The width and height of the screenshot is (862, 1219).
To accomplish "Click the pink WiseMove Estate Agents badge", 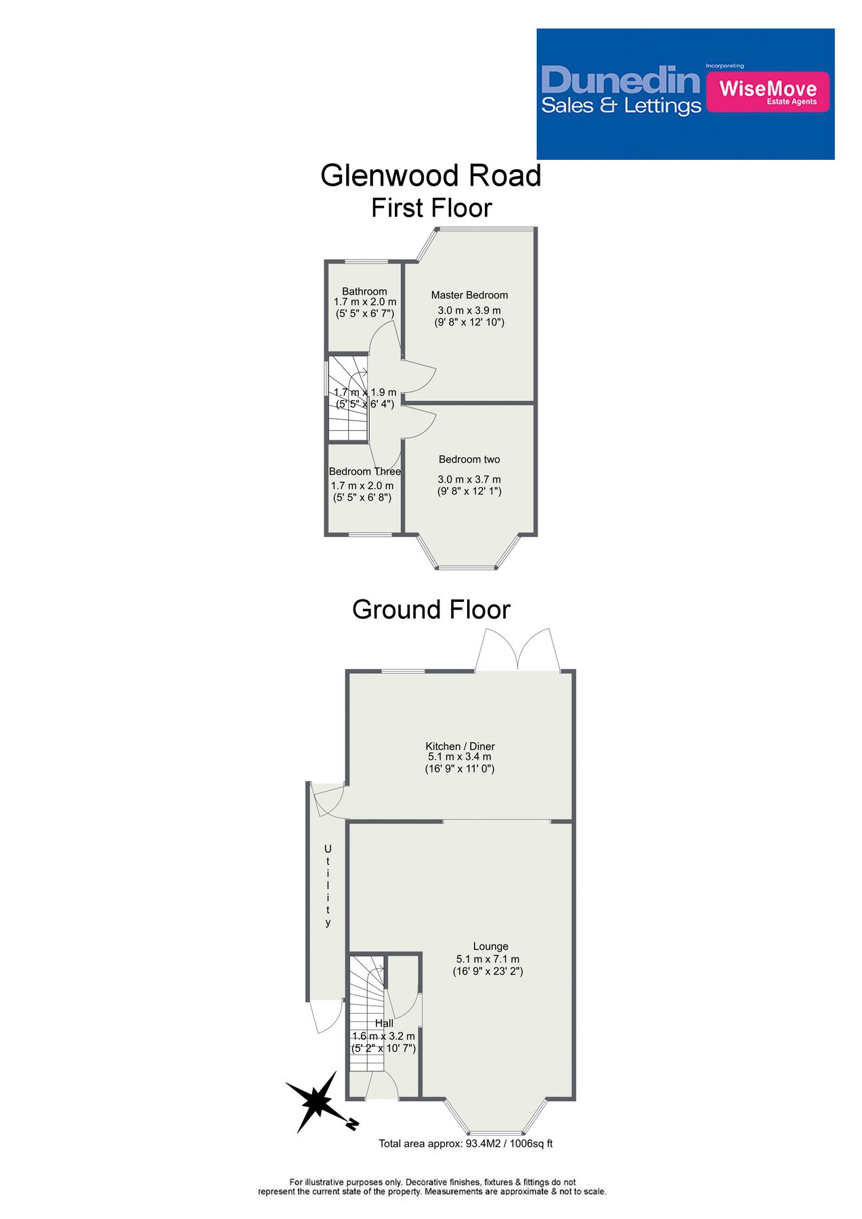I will pos(767,91).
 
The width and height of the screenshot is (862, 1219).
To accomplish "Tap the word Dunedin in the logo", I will pos(620,81).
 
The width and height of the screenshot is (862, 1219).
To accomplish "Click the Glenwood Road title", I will pos(431,176).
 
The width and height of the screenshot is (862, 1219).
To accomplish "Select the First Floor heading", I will pos(431,208).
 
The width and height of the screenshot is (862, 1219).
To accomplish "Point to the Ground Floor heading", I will pos(431,609).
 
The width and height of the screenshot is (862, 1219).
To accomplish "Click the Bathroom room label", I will pos(364,291).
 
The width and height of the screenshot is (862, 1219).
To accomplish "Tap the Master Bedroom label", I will pos(469,295).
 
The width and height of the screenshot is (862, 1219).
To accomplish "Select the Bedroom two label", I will pos(469,459).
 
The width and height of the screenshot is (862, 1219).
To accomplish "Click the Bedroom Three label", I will pos(364,471).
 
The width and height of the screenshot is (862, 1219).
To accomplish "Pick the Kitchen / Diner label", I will pos(460,746).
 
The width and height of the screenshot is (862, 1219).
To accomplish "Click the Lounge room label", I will pos(490,946).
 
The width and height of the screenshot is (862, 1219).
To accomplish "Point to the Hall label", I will pos(384,1023).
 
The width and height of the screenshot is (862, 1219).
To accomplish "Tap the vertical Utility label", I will pos(328,885).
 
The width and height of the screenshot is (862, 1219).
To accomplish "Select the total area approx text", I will pos(465,1143).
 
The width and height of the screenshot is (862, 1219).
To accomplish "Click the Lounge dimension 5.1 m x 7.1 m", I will pos(488,959).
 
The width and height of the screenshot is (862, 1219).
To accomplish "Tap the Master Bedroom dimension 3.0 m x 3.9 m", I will pos(469,310).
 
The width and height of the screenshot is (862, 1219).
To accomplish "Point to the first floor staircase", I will pos(347,400).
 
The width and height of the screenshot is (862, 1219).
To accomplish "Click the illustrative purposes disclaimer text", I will pos(432,1186).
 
